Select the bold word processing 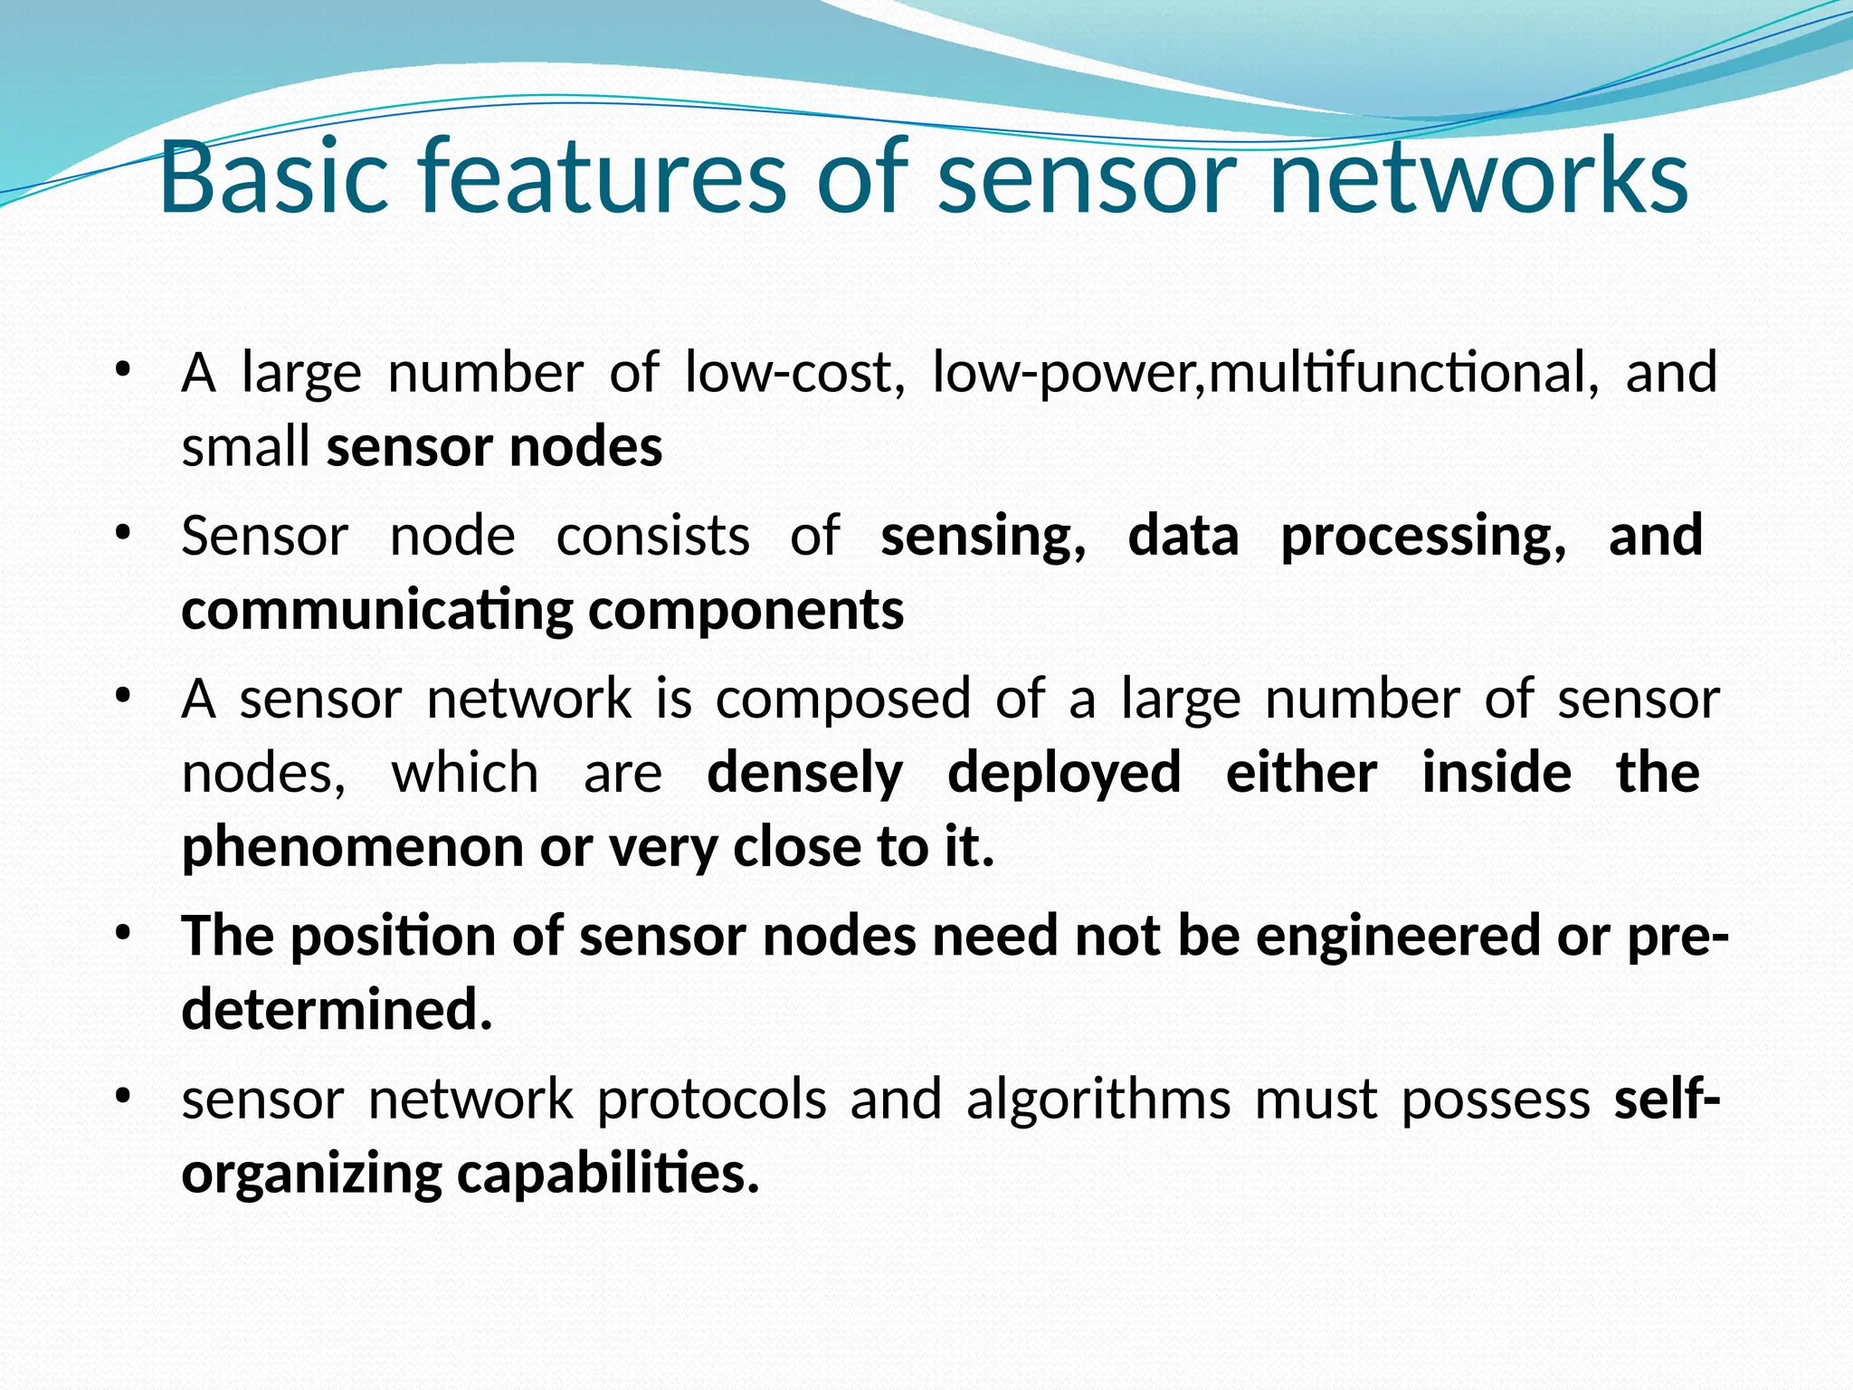(x=1423, y=537)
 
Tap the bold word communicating (x=377, y=612)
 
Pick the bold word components (x=746, y=612)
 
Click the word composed (x=843, y=700)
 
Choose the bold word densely (x=804, y=774)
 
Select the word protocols (x=712, y=1100)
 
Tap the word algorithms (x=1098, y=1100)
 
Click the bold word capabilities (x=607, y=1175)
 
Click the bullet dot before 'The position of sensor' (x=123, y=932)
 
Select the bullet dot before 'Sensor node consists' (x=123, y=533)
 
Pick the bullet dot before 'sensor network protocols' (x=123, y=1096)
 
